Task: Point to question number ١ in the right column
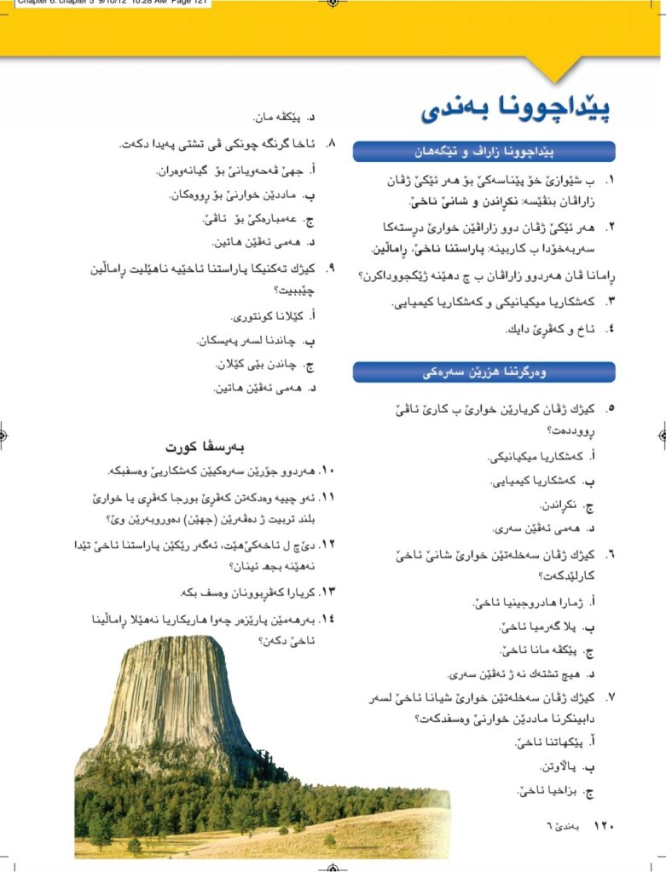[x=610, y=181]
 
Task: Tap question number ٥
[x=610, y=408]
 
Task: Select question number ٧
[x=611, y=696]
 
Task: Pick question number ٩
[x=334, y=269]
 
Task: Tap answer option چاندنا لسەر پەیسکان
[x=256, y=341]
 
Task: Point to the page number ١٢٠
[x=604, y=825]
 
